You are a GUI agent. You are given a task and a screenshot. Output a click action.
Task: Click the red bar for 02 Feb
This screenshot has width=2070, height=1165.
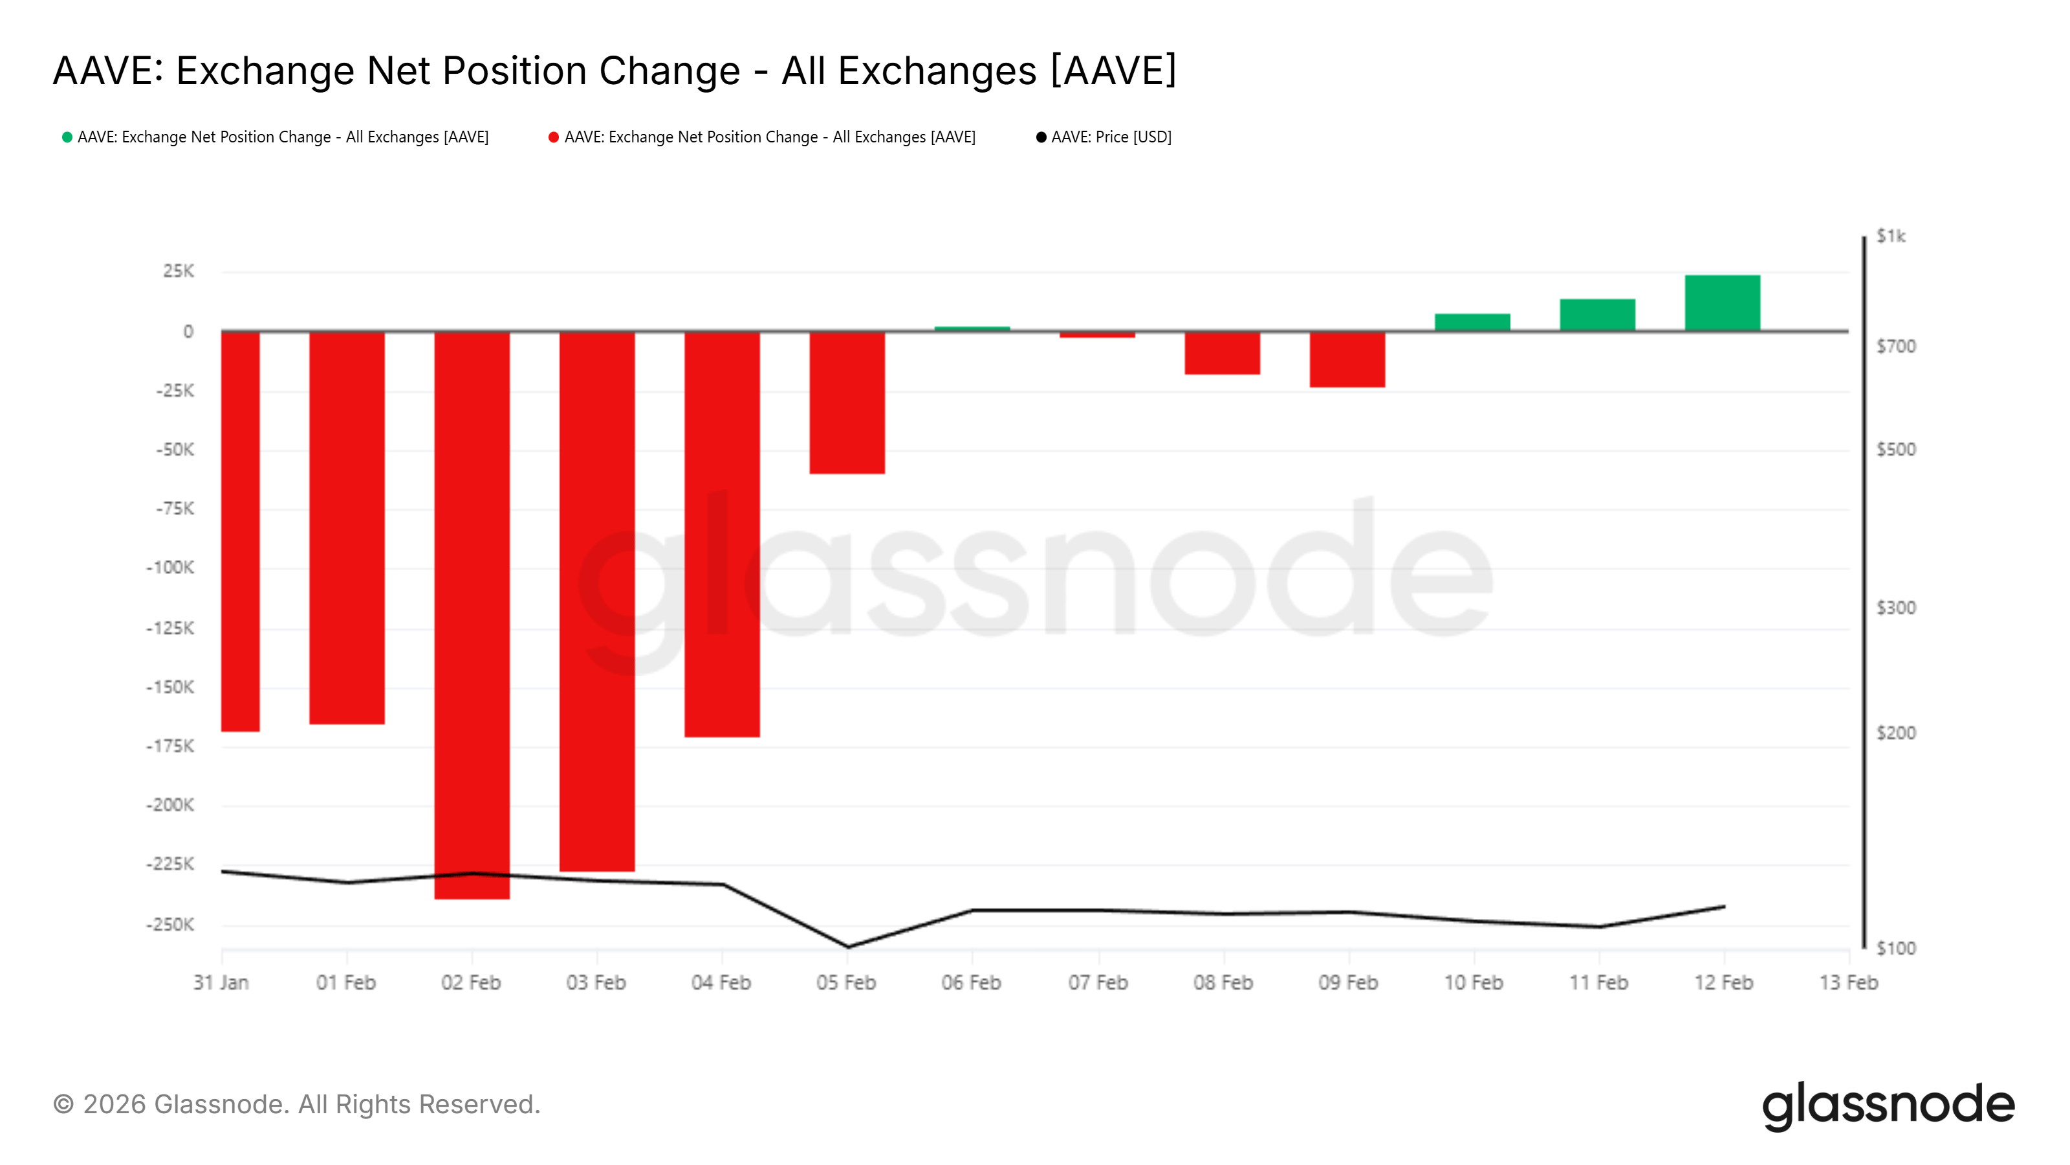click(472, 614)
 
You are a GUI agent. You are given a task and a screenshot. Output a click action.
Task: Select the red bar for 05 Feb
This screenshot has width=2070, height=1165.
click(847, 402)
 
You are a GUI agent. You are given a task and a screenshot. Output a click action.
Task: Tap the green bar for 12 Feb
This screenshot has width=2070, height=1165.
click(1722, 302)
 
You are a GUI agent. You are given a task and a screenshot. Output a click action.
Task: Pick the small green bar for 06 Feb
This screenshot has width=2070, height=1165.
click(972, 328)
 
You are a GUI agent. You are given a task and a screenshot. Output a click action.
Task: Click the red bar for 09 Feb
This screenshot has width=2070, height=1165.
click(1347, 359)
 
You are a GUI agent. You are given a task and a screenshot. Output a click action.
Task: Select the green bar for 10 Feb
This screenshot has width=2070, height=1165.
click(1472, 322)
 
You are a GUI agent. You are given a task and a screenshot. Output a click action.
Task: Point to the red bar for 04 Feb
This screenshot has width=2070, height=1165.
click(722, 534)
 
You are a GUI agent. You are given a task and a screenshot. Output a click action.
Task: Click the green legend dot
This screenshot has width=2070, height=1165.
click(67, 137)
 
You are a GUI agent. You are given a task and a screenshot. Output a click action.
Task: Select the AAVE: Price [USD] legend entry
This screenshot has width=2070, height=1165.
click(1111, 137)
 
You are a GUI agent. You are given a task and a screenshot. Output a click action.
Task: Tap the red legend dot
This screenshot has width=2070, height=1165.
click(554, 137)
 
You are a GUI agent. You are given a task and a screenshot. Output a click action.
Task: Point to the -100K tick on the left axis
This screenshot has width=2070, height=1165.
click(169, 568)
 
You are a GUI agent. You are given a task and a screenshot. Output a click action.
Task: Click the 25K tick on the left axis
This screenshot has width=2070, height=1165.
click(178, 272)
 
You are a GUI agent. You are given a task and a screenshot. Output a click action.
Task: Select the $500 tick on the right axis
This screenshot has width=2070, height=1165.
click(1895, 449)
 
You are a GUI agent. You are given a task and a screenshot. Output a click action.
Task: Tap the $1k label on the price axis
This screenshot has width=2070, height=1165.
click(1891, 236)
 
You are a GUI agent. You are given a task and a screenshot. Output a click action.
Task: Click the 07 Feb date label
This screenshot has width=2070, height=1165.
click(1098, 982)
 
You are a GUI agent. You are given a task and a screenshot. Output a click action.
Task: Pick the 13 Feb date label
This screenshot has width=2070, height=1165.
click(1848, 982)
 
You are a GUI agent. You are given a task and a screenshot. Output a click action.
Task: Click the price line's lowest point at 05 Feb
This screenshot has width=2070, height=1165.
click(848, 946)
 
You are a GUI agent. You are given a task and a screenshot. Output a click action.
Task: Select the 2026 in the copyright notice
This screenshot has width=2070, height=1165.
click(114, 1105)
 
